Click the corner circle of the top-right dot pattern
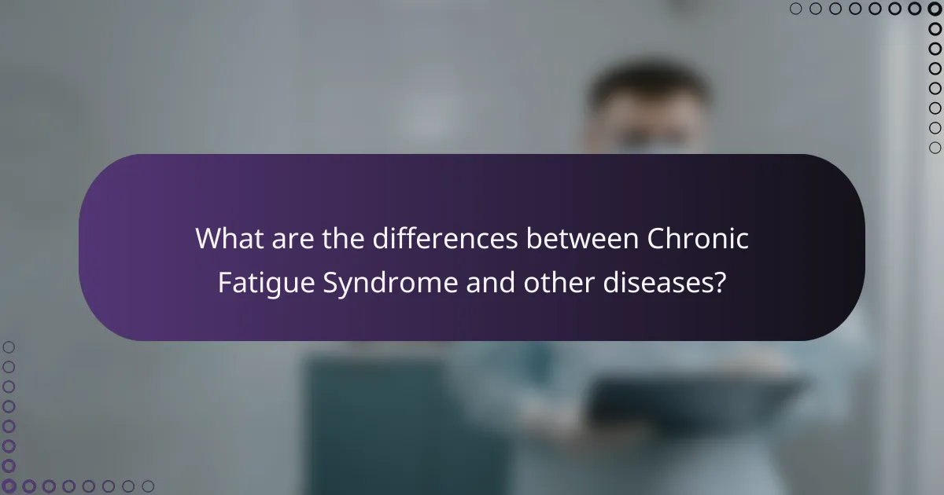tap(935, 9)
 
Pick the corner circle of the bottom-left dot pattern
tap(9, 486)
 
